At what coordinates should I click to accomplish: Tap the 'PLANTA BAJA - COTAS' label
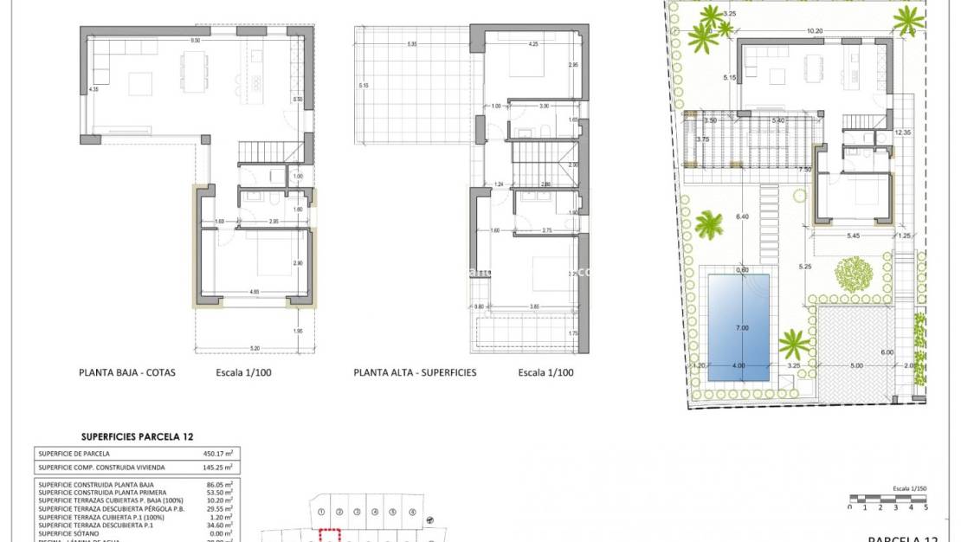coord(127,373)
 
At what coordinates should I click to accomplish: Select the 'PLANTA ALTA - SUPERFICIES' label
coord(415,373)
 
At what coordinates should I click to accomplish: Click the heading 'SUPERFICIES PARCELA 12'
coord(137,438)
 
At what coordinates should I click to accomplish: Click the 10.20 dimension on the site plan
coord(814,31)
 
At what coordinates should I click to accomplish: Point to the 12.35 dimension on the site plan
coord(903,132)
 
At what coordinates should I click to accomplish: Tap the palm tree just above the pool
coord(709,225)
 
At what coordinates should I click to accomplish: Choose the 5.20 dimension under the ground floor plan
coord(253,347)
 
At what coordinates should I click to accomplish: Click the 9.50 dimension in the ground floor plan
coord(195,41)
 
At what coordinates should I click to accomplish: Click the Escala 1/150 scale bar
coord(888,498)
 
